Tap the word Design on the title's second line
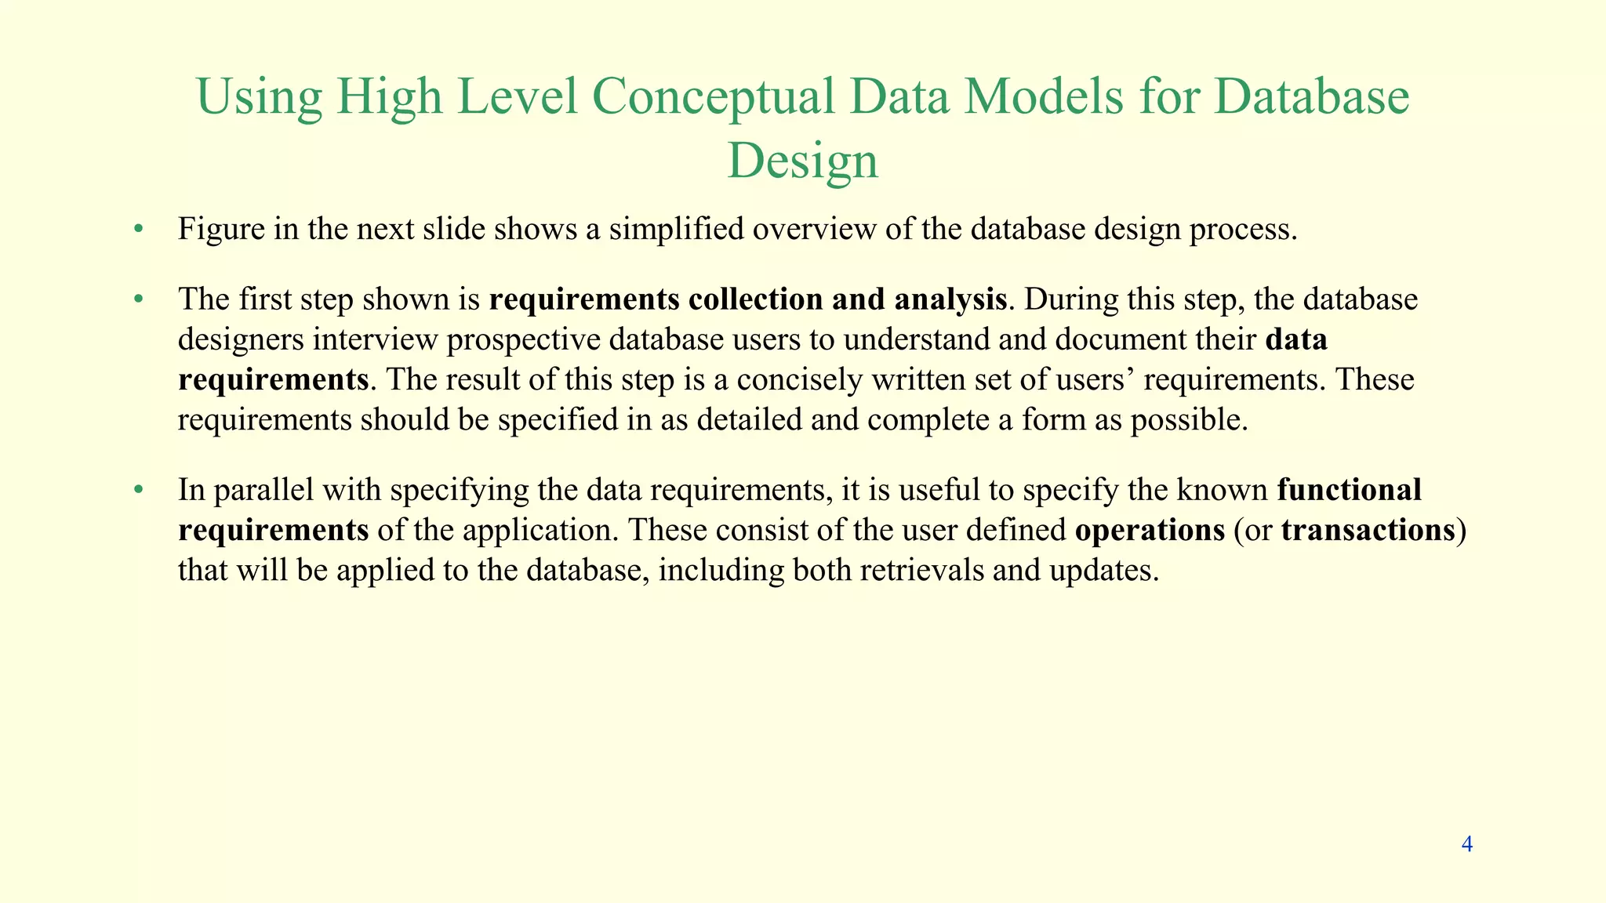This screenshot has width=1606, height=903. click(802, 161)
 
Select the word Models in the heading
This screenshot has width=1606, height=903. click(1044, 97)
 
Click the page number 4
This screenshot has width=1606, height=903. click(1467, 844)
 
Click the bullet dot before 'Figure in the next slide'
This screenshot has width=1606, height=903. click(139, 230)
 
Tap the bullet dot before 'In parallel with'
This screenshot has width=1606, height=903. click(139, 491)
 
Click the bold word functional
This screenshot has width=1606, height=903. click(1349, 490)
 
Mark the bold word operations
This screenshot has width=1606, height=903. click(1149, 531)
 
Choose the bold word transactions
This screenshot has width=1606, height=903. click(1368, 531)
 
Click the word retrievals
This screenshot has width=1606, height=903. click(921, 570)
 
